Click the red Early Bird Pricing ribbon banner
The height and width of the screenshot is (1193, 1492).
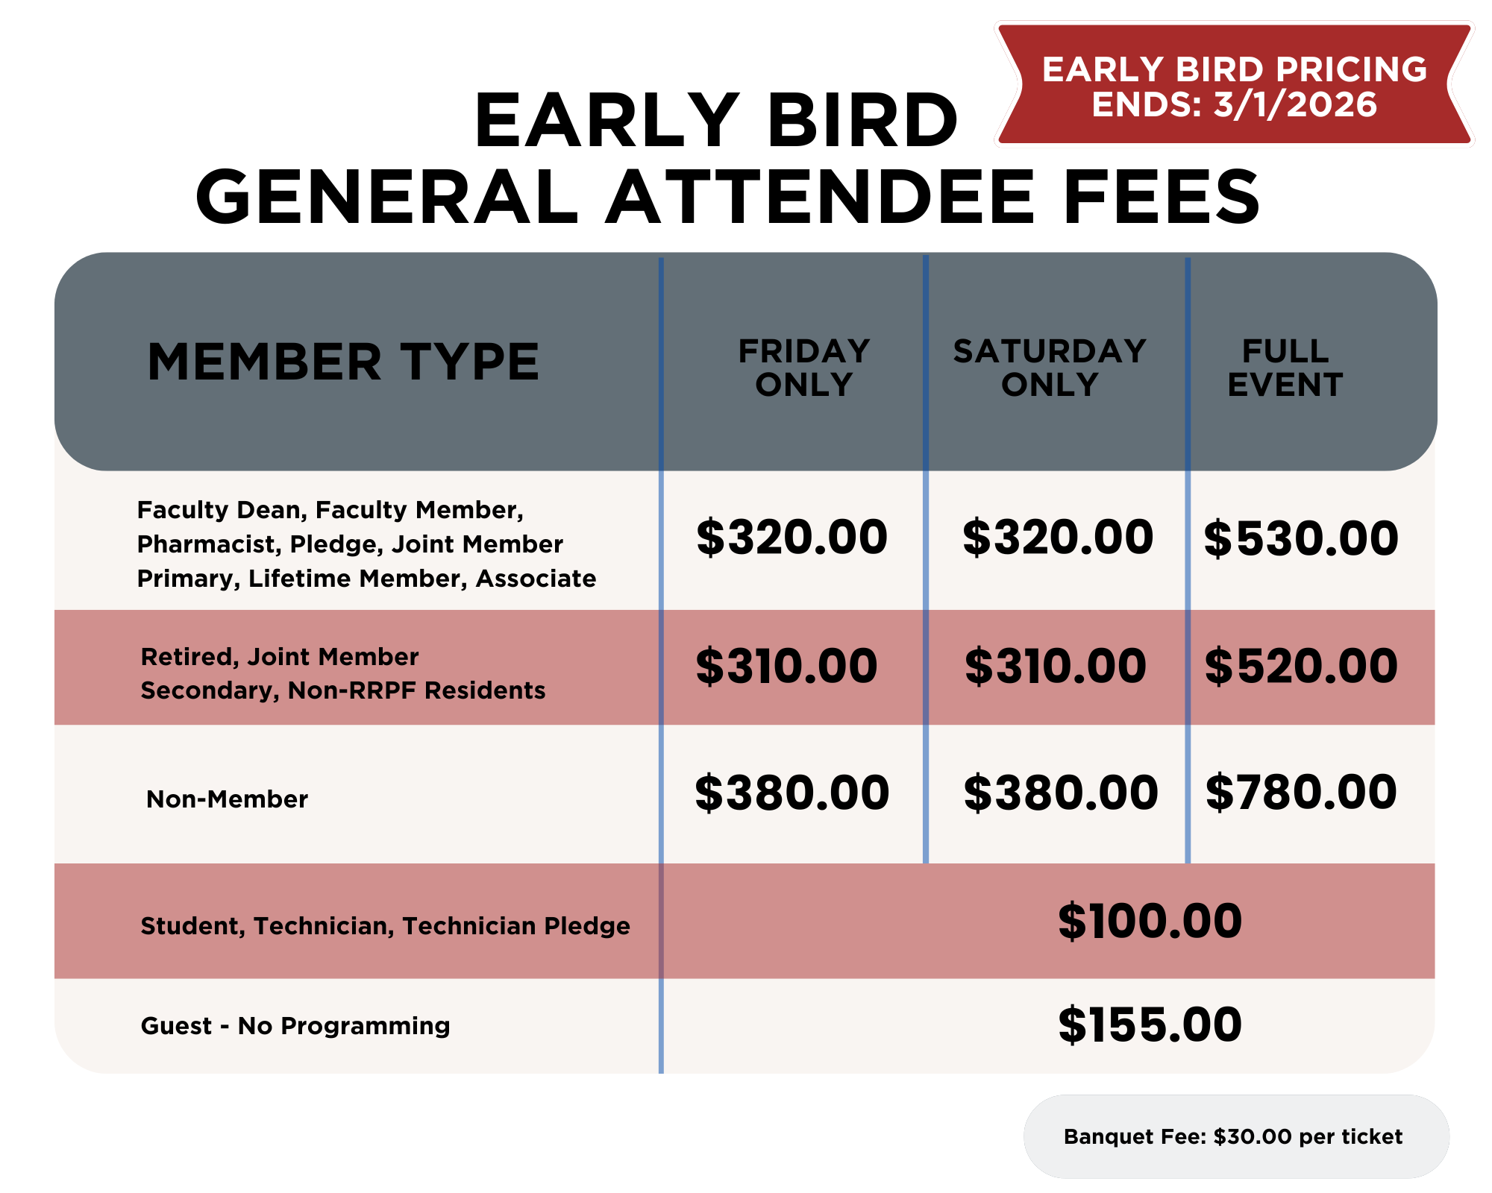click(x=1235, y=84)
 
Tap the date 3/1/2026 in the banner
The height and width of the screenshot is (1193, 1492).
click(x=1295, y=104)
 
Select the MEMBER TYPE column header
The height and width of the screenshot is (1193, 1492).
click(x=343, y=362)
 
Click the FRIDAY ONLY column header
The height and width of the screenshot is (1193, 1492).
click(x=804, y=368)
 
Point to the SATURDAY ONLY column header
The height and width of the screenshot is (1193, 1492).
click(x=1050, y=368)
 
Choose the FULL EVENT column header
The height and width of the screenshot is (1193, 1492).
click(x=1285, y=368)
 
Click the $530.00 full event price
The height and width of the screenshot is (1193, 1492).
click(x=1301, y=538)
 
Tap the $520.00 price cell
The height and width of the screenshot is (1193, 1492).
click(x=1301, y=666)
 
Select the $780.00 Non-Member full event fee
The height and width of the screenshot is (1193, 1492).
click(x=1301, y=792)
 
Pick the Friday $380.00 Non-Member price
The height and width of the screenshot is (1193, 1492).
click(x=792, y=792)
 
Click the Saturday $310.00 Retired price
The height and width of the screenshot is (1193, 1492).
click(x=1056, y=666)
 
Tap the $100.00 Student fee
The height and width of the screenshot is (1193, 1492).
click(x=1150, y=921)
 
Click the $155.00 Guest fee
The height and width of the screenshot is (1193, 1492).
click(x=1150, y=1024)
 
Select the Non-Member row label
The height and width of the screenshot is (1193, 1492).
click(x=227, y=799)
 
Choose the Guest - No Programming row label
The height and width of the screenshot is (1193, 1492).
click(x=295, y=1026)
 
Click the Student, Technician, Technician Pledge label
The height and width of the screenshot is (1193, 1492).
click(x=385, y=926)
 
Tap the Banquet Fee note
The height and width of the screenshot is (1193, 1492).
click(x=1233, y=1136)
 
